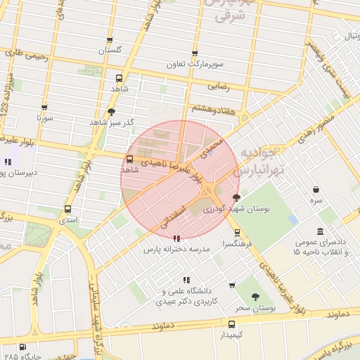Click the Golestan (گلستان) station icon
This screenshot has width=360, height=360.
109,40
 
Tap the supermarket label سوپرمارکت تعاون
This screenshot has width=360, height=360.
194,63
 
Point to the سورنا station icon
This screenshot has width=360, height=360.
44,108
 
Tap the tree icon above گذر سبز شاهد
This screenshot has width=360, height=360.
111,112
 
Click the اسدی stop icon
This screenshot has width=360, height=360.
67,209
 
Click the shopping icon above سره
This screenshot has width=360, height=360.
316,189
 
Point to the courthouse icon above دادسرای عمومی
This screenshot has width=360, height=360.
320,231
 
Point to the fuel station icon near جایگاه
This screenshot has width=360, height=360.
23,347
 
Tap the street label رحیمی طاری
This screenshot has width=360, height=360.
27,56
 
